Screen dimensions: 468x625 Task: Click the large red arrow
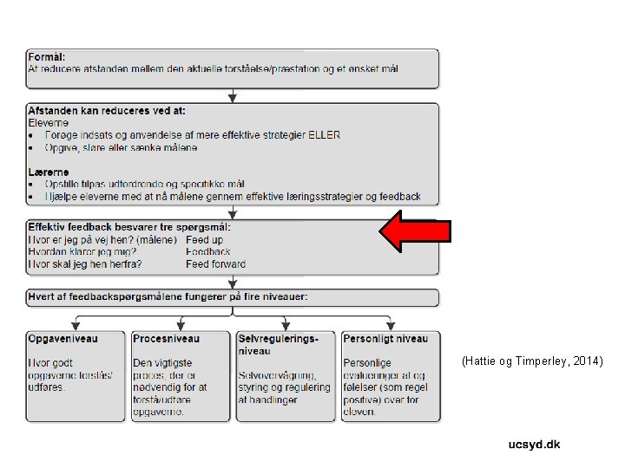click(415, 231)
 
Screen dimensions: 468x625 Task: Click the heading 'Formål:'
click(48, 56)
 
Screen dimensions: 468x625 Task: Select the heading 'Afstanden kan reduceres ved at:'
click(107, 111)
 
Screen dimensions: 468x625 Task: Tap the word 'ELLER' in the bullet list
click(324, 135)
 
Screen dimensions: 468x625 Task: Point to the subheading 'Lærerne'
click(49, 172)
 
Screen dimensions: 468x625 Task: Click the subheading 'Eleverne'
click(49, 123)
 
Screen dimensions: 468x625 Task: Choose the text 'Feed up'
click(204, 239)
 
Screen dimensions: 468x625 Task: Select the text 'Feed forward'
click(215, 264)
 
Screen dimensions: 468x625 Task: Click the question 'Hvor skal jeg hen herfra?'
click(85, 264)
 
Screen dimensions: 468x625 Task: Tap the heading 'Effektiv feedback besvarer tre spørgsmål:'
click(129, 227)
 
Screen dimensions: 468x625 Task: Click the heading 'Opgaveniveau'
click(63, 339)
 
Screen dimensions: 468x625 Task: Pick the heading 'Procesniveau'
click(167, 339)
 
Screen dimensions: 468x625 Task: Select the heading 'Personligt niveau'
click(385, 339)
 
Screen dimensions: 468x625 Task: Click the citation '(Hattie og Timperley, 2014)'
click(532, 360)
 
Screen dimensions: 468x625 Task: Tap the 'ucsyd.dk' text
click(534, 445)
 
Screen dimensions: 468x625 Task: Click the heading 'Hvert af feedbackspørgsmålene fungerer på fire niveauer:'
click(168, 296)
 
